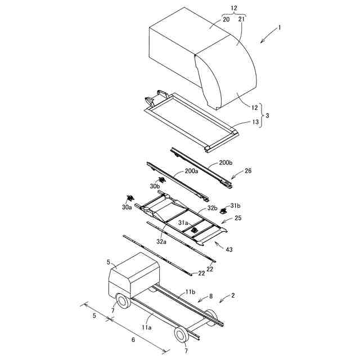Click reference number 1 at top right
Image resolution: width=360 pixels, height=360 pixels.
280,27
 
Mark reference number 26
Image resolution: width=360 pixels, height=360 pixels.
248,170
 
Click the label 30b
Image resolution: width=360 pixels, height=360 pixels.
155,186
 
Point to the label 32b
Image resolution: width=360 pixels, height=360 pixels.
213,208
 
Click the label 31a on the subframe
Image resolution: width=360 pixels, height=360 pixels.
184,223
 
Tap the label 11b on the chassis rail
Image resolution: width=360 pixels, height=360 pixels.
190,293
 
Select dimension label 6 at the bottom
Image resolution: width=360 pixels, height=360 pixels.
133,339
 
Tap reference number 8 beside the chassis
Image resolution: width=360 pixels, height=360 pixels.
211,295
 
